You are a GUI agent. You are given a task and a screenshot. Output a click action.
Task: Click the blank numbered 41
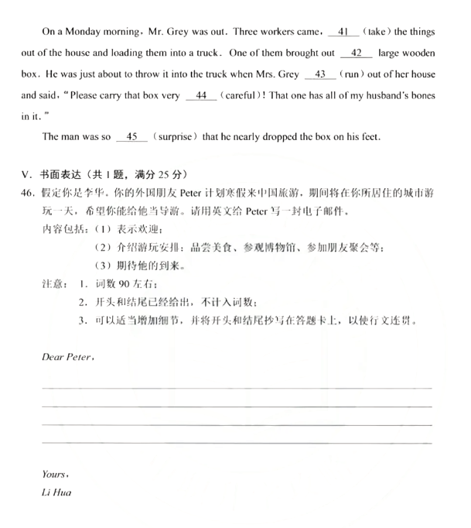pyautogui.click(x=343, y=33)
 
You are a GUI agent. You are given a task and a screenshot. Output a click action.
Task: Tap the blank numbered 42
pyautogui.click(x=356, y=54)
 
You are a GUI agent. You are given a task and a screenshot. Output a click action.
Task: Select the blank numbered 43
pyautogui.click(x=320, y=75)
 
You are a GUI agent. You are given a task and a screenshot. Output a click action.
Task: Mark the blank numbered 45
pyautogui.click(x=131, y=138)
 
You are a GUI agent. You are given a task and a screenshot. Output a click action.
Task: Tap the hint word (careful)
pyautogui.click(x=241, y=96)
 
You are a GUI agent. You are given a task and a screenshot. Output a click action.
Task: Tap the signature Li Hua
pyautogui.click(x=56, y=492)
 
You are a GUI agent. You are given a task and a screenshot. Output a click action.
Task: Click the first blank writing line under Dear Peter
pyautogui.click(x=236, y=387)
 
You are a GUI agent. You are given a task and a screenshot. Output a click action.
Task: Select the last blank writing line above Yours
pyautogui.click(x=236, y=443)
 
